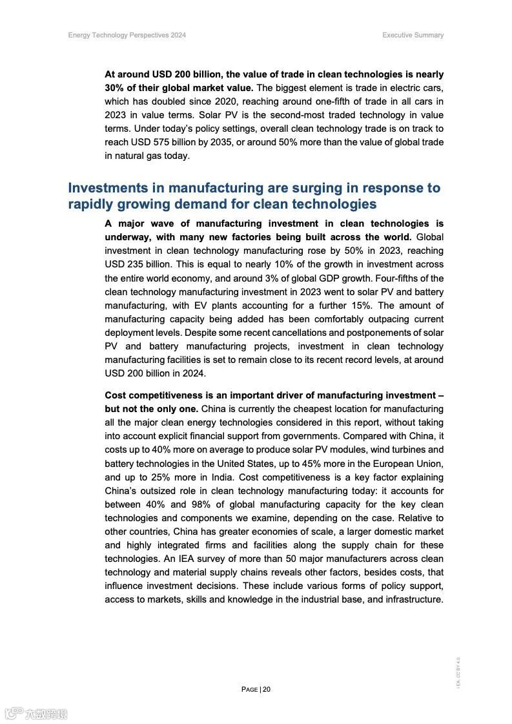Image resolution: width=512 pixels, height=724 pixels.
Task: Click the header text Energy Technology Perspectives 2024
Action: [x=127, y=35]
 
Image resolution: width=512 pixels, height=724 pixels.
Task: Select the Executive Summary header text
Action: [x=413, y=35]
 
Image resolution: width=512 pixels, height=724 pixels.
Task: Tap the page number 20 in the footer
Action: [x=267, y=689]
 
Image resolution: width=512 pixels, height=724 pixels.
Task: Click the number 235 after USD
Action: [x=137, y=265]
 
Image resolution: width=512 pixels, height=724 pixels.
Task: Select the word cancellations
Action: [x=312, y=333]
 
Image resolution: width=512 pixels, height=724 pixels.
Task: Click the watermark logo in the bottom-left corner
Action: [x=36, y=714]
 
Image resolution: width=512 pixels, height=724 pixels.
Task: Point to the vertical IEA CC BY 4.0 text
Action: [x=458, y=672]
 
